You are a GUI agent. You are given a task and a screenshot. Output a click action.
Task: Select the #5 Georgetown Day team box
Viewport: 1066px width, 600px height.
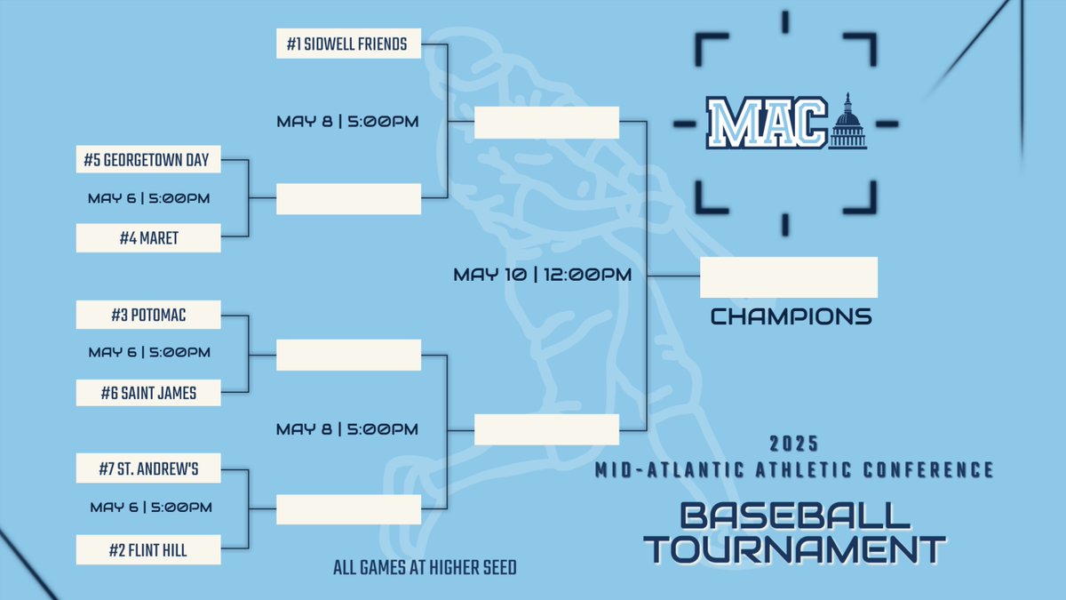(147, 161)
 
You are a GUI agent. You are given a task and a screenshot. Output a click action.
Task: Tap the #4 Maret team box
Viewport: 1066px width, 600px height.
(147, 238)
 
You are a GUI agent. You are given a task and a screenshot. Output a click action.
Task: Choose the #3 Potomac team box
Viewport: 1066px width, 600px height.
(147, 315)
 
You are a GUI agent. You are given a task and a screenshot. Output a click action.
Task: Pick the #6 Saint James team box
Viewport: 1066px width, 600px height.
(147, 392)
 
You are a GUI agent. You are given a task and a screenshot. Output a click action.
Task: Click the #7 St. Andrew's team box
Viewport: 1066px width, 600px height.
(147, 468)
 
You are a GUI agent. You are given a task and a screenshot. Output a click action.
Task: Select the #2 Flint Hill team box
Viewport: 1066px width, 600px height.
(147, 549)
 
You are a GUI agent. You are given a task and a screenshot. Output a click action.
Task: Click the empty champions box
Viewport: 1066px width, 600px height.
(789, 277)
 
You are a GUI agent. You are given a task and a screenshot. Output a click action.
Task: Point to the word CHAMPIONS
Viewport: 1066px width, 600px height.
(791, 316)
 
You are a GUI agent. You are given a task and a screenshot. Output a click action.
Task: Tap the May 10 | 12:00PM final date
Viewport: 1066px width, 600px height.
(542, 276)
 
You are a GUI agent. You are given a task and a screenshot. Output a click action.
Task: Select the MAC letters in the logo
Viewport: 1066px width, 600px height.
(767, 124)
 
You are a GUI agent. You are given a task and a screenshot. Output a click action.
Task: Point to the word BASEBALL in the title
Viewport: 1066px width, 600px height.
(794, 516)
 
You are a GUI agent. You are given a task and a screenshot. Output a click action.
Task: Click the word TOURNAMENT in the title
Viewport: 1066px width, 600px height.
(794, 548)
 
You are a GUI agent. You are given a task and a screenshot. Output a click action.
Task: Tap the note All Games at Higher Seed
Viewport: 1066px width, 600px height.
(425, 567)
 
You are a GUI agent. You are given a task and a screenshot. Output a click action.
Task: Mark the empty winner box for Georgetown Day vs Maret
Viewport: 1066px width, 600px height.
(348, 199)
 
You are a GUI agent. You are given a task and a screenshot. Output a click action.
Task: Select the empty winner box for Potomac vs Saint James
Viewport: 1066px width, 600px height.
(348, 355)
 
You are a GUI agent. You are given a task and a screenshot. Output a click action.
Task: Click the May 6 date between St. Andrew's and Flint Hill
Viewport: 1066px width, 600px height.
(151, 508)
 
